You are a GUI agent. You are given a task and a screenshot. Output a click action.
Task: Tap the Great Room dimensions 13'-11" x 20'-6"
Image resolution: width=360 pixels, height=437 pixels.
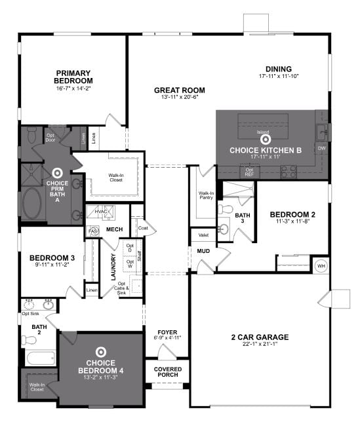tap(179, 98)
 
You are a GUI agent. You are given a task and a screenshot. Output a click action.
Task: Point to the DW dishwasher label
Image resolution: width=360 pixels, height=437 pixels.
tap(321, 149)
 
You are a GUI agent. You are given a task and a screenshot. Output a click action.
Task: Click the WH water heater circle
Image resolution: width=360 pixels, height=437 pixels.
tap(321, 265)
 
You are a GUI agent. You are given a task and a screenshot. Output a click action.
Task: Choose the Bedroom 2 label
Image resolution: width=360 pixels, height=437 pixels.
tap(293, 214)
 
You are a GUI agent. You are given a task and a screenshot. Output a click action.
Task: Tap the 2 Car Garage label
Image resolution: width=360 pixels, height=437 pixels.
tap(260, 337)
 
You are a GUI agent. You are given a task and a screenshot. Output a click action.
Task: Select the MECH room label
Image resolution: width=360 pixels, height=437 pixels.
tap(115, 229)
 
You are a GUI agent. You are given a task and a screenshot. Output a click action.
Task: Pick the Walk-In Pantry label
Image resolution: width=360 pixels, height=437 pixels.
tap(206, 195)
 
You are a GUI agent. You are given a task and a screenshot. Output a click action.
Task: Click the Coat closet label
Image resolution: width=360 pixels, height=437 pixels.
tap(143, 227)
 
